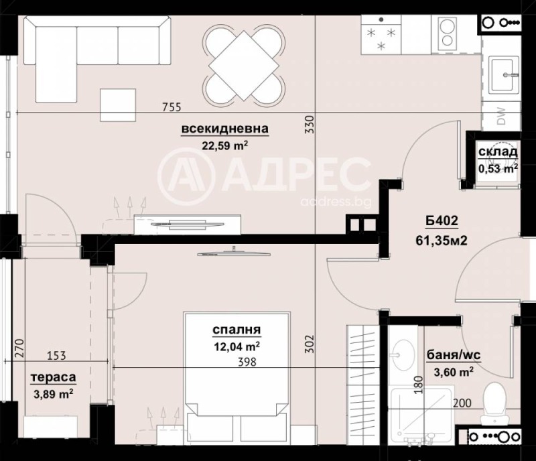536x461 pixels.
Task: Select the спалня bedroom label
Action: click(236, 330)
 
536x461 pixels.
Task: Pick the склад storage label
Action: click(497, 152)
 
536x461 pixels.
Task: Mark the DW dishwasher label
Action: click(501, 117)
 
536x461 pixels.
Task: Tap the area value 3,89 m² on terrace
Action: click(53, 393)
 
